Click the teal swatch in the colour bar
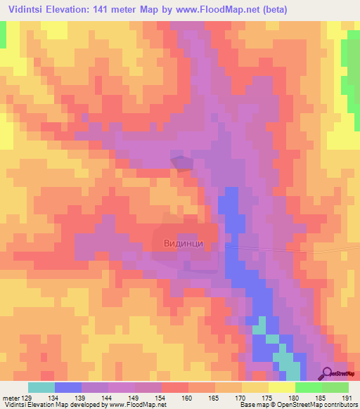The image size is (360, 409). pyautogui.click(x=41, y=387)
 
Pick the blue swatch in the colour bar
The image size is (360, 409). pyautogui.click(x=68, y=387)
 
